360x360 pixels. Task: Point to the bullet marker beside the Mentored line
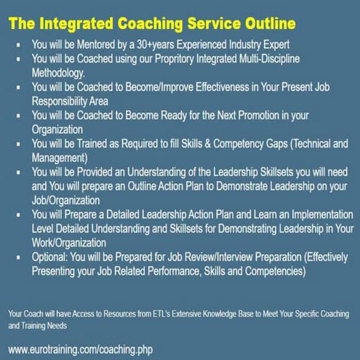pyautogui.click(x=17, y=44)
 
